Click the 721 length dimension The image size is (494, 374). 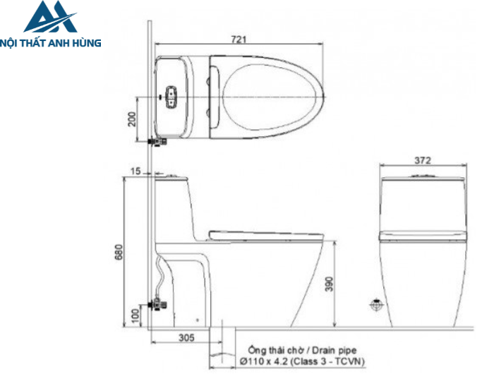click(x=239, y=40)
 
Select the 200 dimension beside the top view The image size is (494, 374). click(x=131, y=118)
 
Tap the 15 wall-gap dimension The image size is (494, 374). click(x=135, y=171)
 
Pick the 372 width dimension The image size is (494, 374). click(x=423, y=160)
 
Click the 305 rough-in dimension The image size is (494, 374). click(x=186, y=338)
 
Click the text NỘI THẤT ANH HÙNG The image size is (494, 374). click(x=50, y=42)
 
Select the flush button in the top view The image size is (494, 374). click(x=171, y=95)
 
